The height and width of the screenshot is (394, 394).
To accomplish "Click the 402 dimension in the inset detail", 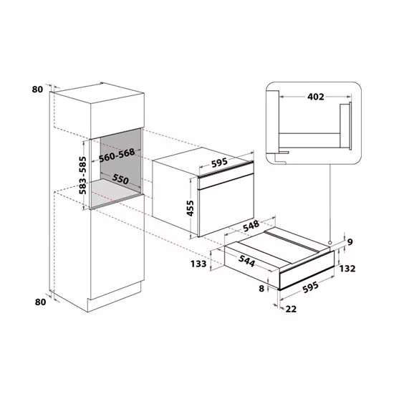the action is click(x=316, y=97).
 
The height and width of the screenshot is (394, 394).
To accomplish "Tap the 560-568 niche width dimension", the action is click(x=117, y=155).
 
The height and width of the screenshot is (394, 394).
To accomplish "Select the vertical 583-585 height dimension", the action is click(x=82, y=175).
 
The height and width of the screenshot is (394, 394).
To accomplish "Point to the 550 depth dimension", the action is click(x=120, y=178).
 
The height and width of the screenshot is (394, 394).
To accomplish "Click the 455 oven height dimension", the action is click(x=191, y=208).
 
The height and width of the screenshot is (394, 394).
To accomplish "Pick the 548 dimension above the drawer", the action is click(x=251, y=226).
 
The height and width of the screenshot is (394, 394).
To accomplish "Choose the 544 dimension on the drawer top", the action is click(x=246, y=260).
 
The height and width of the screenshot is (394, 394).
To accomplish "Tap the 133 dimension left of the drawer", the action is click(x=198, y=264).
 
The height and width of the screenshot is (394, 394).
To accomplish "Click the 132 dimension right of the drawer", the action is click(x=347, y=269).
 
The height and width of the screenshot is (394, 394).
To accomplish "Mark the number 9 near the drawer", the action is click(x=350, y=241).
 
